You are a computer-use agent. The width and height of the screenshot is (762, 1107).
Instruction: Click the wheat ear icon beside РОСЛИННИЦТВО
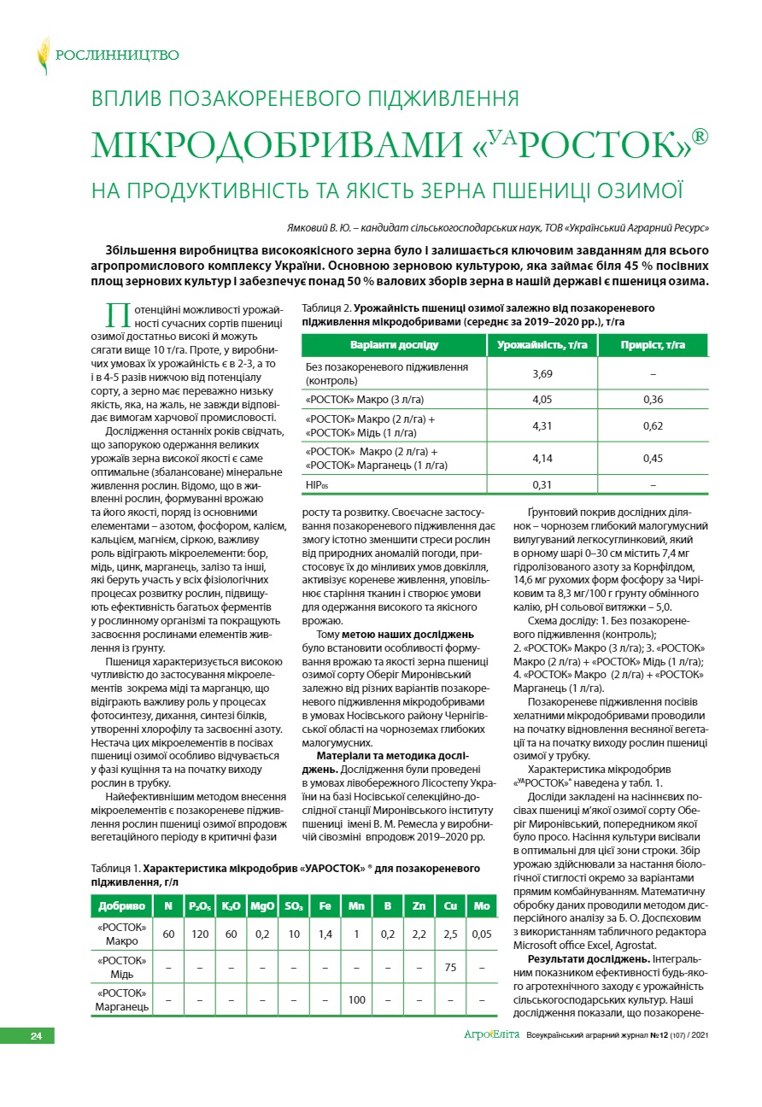click(x=43, y=56)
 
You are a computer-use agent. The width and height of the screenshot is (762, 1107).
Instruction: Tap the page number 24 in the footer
click(x=36, y=1036)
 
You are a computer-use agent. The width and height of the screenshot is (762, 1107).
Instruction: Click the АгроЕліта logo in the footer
click(x=491, y=1035)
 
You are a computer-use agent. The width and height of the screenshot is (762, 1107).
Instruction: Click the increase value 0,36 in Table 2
click(x=653, y=399)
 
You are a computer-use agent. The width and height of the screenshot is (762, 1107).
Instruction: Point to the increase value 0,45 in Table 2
click(x=653, y=459)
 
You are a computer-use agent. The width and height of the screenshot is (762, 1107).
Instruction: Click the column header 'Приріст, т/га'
click(x=653, y=345)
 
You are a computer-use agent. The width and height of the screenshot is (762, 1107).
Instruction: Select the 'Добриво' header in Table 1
click(x=121, y=905)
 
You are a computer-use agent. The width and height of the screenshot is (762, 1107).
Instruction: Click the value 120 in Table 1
click(x=201, y=934)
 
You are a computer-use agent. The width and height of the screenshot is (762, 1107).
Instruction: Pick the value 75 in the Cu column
click(x=450, y=967)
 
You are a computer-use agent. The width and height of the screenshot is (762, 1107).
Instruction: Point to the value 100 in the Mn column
click(x=356, y=999)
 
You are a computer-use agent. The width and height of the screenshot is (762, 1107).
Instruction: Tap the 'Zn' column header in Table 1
click(x=419, y=905)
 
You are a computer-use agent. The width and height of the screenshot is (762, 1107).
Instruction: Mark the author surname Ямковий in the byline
click(x=310, y=229)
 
